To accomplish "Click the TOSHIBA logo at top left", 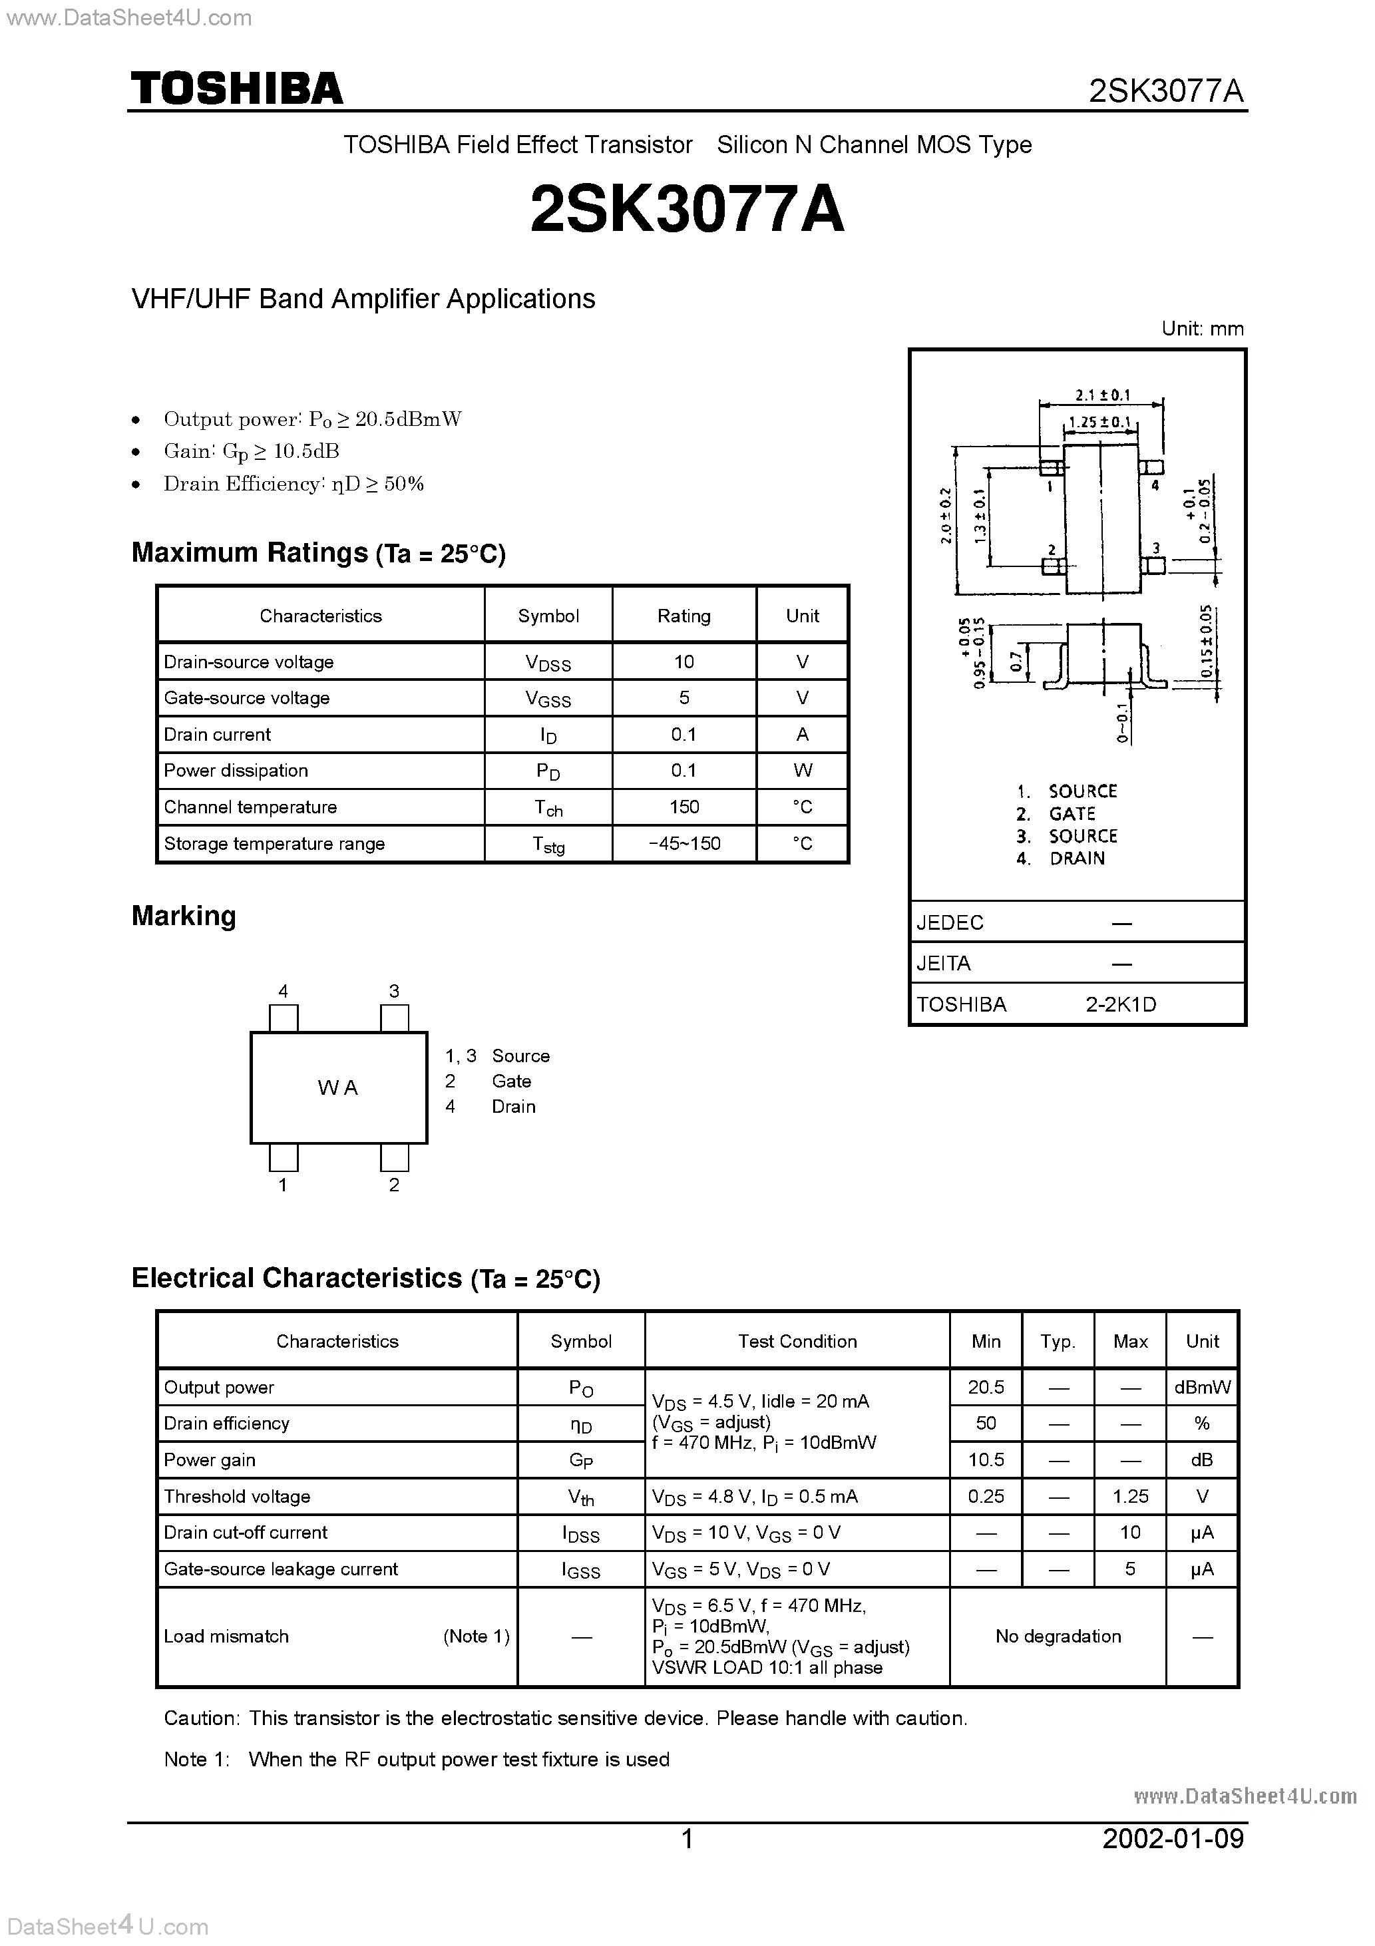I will (x=236, y=88).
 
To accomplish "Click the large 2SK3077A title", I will (x=687, y=210).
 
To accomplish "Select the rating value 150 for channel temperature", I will (x=684, y=807).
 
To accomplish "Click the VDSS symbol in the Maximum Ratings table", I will (x=548, y=663).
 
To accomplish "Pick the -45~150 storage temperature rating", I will (x=684, y=843).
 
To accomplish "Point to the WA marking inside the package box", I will (x=337, y=1087).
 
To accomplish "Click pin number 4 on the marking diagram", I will (x=283, y=991).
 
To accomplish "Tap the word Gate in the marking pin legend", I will (x=511, y=1081).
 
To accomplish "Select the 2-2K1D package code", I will (x=1120, y=1004).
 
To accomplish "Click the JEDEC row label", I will (x=950, y=922).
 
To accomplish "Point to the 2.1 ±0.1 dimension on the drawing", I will (x=1102, y=395).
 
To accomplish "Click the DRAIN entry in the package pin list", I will (x=1077, y=858).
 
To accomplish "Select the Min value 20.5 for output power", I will (x=985, y=1386).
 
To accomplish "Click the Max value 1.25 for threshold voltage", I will (x=1130, y=1496).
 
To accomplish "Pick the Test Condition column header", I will (x=796, y=1341).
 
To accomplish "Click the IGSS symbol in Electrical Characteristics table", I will (x=581, y=1570).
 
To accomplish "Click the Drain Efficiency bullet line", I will (x=294, y=484).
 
